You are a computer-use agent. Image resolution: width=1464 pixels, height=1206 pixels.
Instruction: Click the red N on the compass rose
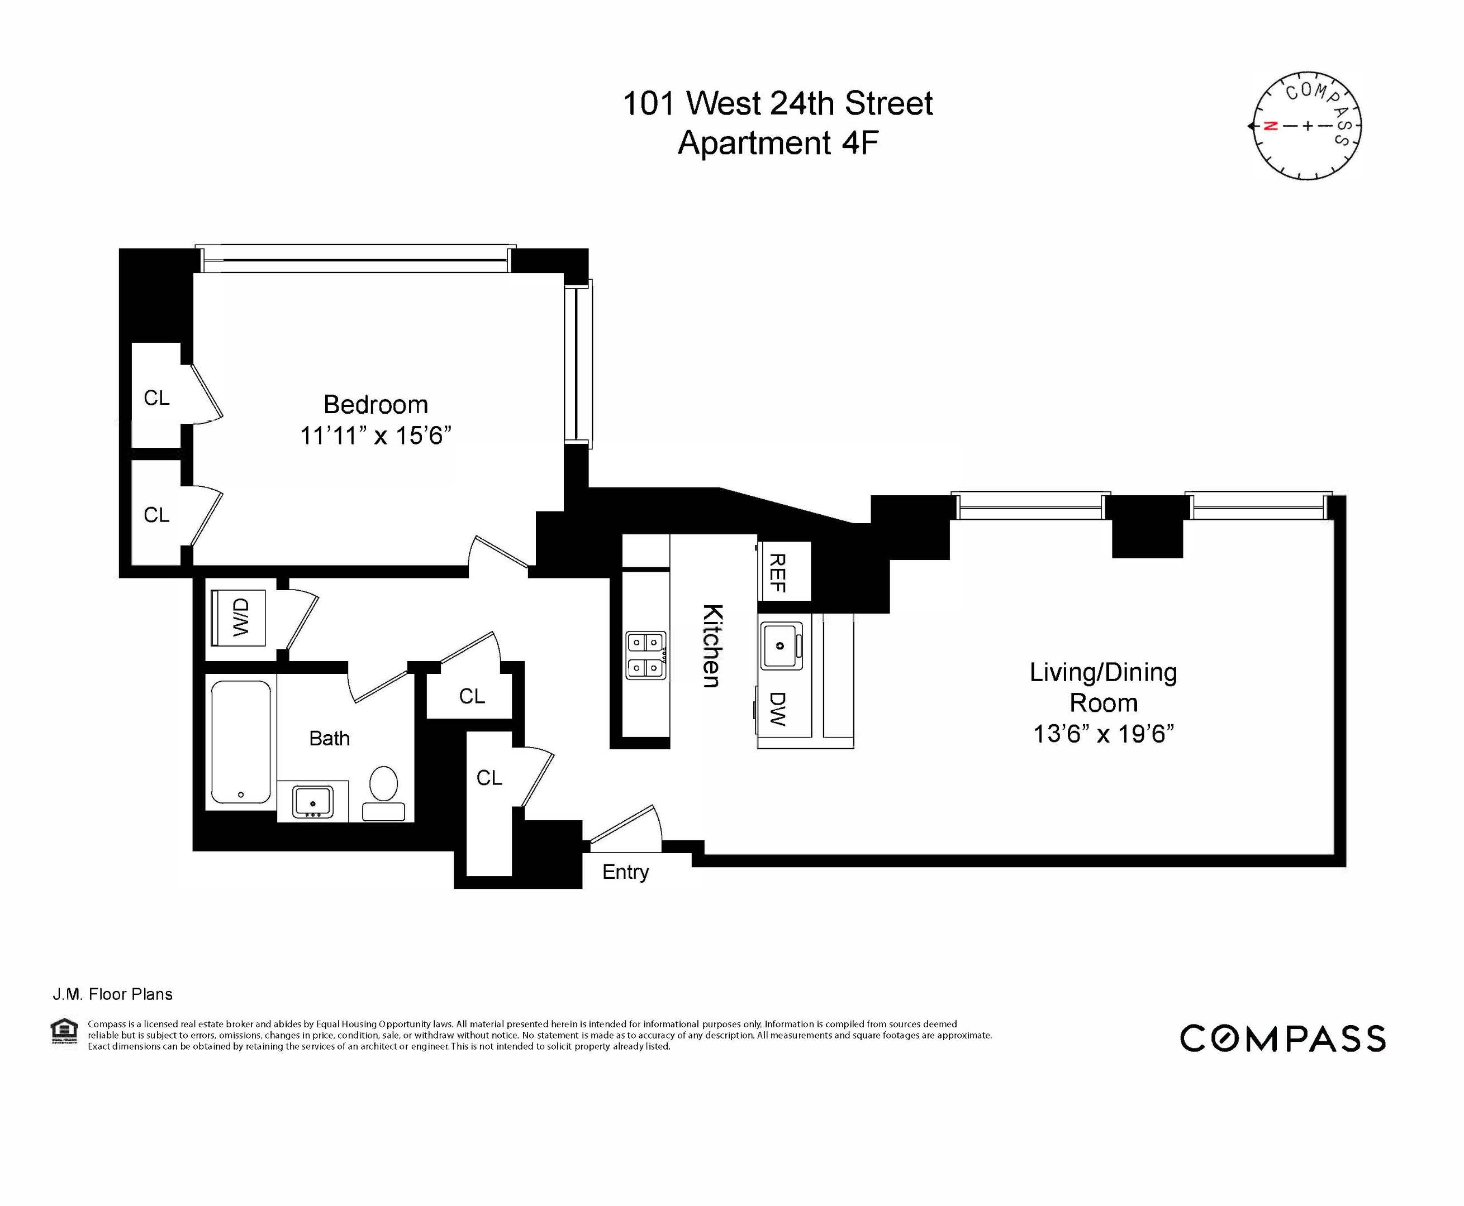pyautogui.click(x=1270, y=126)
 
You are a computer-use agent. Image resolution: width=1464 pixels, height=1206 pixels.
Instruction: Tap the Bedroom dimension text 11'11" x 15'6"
pyautogui.click(x=375, y=435)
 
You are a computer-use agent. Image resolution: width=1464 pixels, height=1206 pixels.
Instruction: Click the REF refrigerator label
pyautogui.click(x=778, y=572)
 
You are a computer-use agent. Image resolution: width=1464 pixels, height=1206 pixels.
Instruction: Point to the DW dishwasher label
pyautogui.click(x=778, y=709)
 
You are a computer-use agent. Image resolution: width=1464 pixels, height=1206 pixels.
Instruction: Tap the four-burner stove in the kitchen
pyautogui.click(x=646, y=654)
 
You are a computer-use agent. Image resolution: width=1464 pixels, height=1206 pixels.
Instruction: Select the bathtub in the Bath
pyautogui.click(x=240, y=742)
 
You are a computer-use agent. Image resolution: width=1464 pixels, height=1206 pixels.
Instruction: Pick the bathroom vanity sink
pyautogui.click(x=313, y=802)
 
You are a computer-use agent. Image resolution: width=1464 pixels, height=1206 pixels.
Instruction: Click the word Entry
pyautogui.click(x=625, y=872)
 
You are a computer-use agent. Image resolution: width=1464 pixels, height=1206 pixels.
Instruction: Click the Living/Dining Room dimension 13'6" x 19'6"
pyautogui.click(x=1103, y=734)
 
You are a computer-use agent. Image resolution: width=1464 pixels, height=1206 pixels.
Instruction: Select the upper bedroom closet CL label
pyautogui.click(x=156, y=398)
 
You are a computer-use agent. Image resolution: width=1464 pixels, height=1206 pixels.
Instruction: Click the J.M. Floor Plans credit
pyautogui.click(x=113, y=994)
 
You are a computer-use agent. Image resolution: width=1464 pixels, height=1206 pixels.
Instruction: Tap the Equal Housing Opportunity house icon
pyautogui.click(x=65, y=1031)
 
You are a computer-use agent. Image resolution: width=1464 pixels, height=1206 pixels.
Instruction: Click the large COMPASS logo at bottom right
pyautogui.click(x=1282, y=1038)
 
